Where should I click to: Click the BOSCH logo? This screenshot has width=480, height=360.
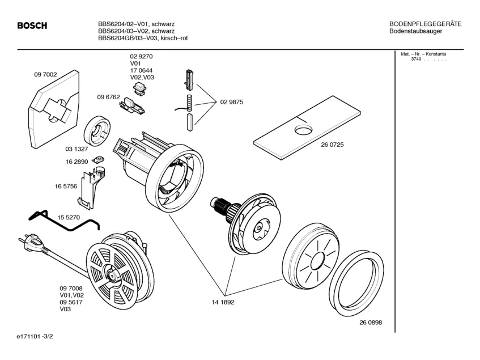tap(32, 26)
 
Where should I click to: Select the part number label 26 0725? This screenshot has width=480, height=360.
tap(332, 145)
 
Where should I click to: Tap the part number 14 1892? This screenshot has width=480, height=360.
tap(223, 302)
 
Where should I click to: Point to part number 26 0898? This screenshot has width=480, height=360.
tap(370, 323)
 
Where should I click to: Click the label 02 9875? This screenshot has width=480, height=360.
tap(232, 102)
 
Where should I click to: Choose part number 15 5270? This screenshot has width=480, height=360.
tap(69, 217)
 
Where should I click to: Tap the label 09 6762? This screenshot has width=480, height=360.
tap(108, 97)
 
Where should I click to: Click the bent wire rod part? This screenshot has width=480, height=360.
tap(62, 221)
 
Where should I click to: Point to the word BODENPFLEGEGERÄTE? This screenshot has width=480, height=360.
tap(425, 24)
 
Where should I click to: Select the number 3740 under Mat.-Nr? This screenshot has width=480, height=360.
tap(416, 60)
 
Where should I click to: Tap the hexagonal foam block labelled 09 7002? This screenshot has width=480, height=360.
tap(50, 111)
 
